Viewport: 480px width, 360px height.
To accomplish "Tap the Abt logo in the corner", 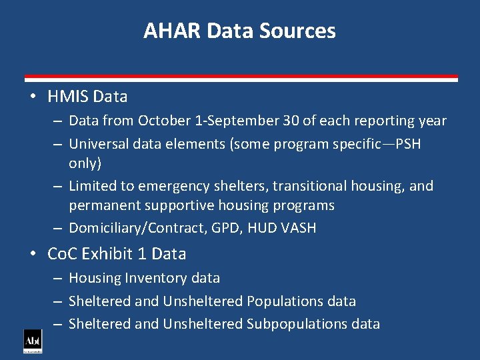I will [x=33, y=341].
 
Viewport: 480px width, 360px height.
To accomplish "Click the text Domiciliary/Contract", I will [x=130, y=228].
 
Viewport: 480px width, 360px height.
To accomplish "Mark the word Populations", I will [x=285, y=301].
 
